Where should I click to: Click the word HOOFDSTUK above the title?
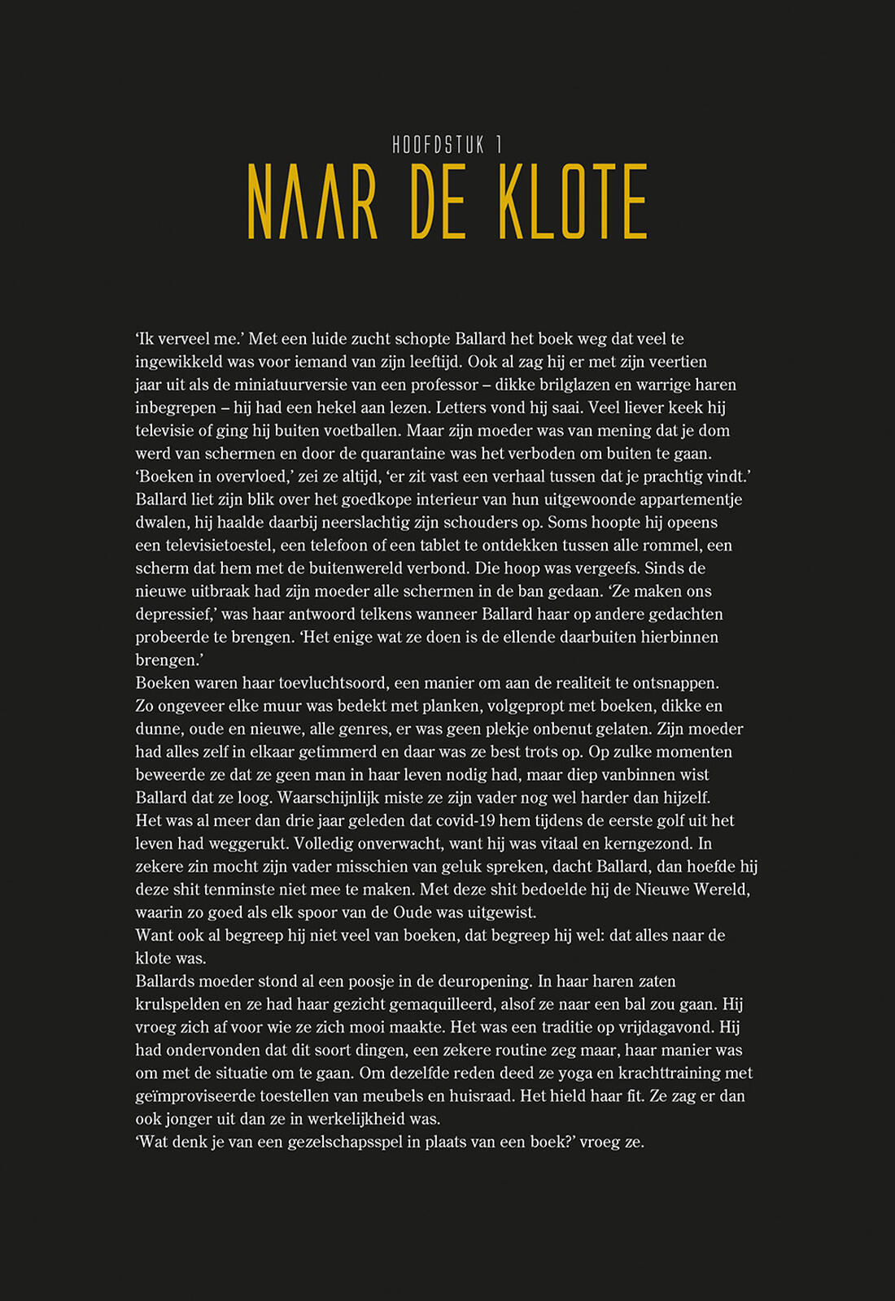tap(439, 146)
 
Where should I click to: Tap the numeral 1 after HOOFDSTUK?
tap(499, 146)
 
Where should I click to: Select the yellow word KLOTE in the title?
tap(573, 202)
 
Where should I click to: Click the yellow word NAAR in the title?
tap(313, 202)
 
